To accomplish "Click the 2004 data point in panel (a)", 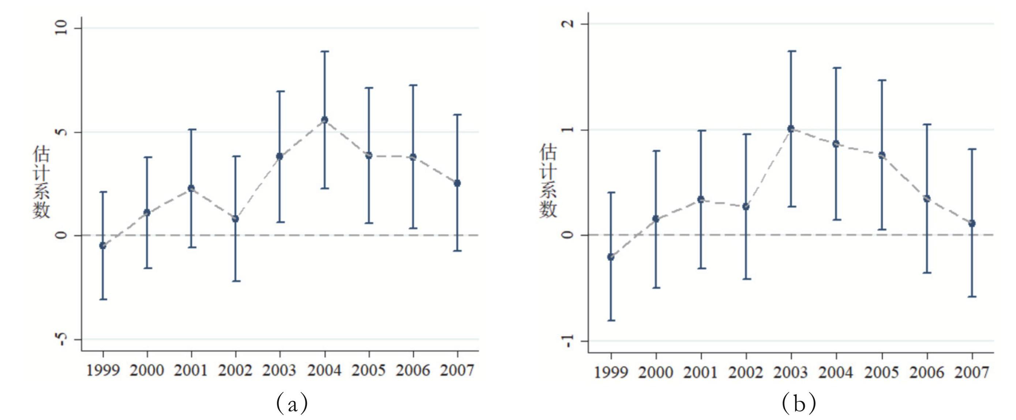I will [325, 120].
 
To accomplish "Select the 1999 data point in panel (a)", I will [103, 246].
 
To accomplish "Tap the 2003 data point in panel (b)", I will [791, 129].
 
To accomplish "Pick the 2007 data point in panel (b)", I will [972, 223].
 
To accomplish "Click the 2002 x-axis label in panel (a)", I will [236, 371].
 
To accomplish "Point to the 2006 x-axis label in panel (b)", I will [927, 372].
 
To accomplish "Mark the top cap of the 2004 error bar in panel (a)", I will [325, 51].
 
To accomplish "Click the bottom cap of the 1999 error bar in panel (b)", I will [611, 320].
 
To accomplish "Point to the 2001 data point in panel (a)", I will [191, 188].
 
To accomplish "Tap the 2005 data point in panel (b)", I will [882, 155].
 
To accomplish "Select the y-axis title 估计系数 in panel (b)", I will [548, 181].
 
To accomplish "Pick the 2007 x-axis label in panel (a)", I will [457, 371].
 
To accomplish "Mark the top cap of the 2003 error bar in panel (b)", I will [791, 51].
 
